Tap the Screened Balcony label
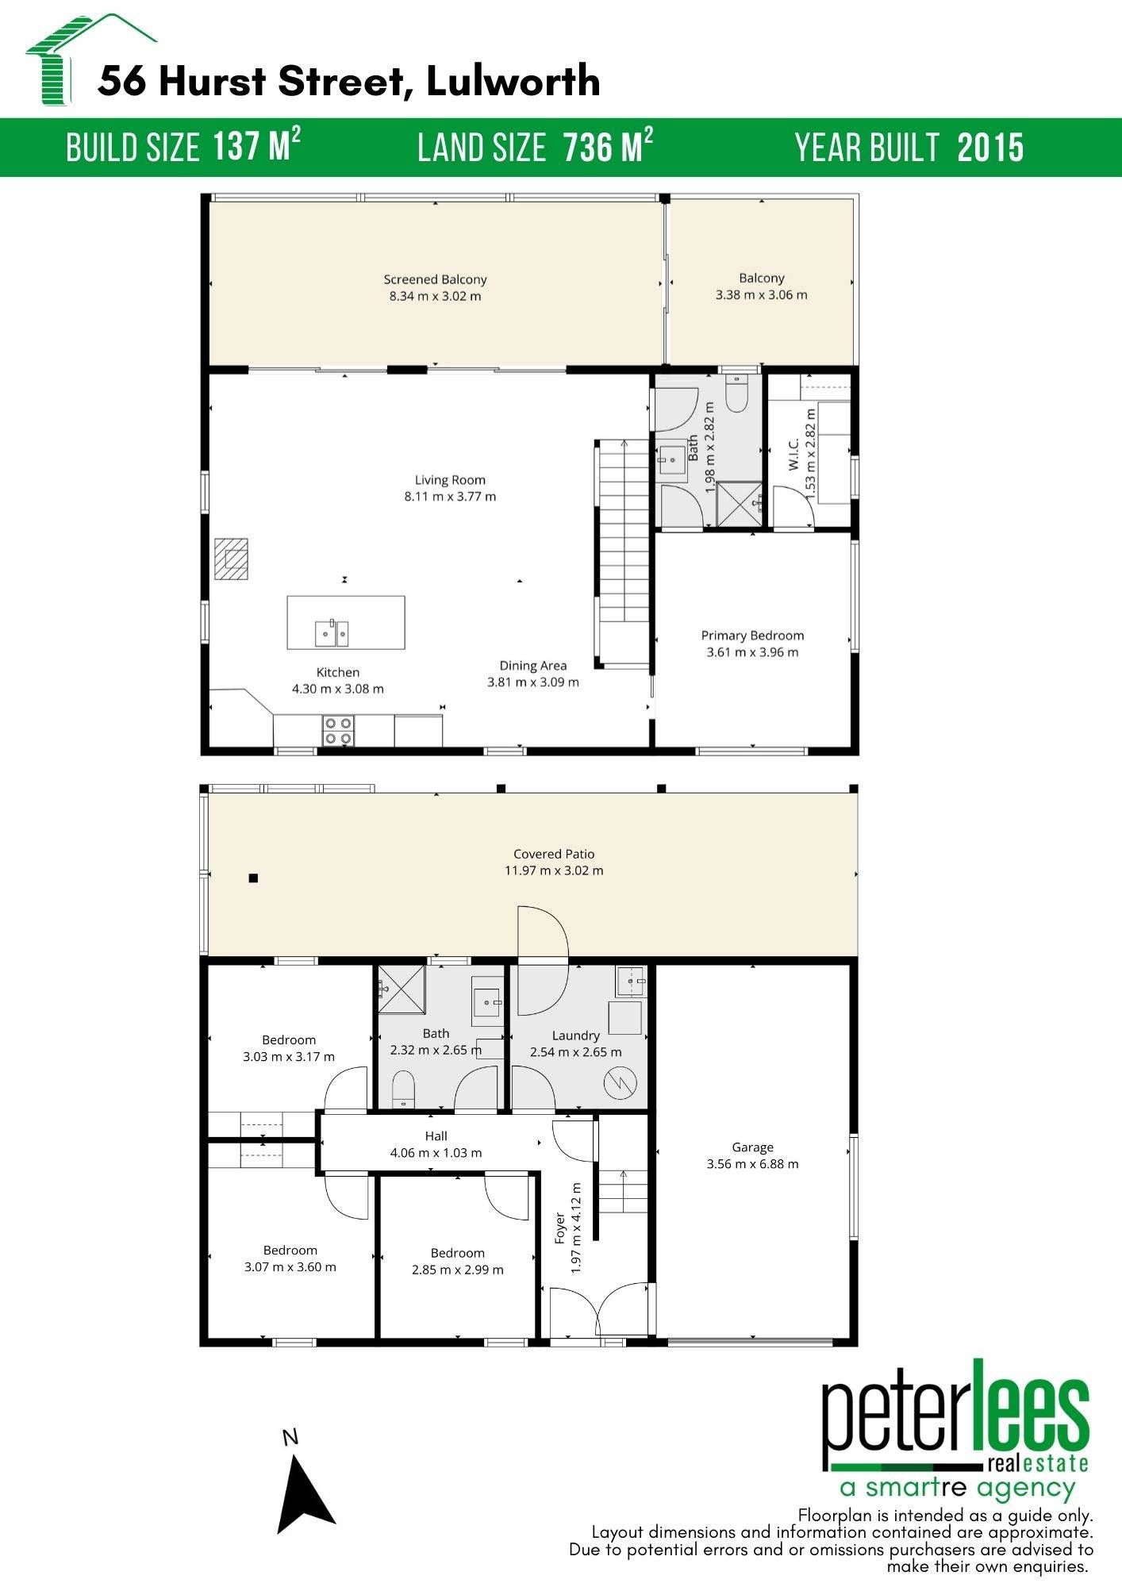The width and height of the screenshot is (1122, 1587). coord(435,279)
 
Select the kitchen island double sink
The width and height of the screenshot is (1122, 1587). coord(332,633)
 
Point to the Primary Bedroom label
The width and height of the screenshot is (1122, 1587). coord(752,636)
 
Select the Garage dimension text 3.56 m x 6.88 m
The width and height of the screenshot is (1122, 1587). coord(752,1164)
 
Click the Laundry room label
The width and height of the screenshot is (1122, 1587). coord(575,1036)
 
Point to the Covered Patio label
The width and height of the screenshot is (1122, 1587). coord(553,854)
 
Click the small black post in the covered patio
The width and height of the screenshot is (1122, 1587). coord(253,878)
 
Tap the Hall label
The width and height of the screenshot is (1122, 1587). coord(436,1136)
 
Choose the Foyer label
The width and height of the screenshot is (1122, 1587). coord(560,1228)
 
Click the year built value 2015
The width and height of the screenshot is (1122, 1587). coord(990,148)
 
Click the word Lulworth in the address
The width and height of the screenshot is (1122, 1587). coord(513,81)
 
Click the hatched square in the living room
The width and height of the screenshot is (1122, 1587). coord(231,559)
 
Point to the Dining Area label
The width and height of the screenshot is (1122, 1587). coord(532,666)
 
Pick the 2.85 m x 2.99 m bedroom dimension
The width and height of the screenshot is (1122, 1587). coord(457,1270)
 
